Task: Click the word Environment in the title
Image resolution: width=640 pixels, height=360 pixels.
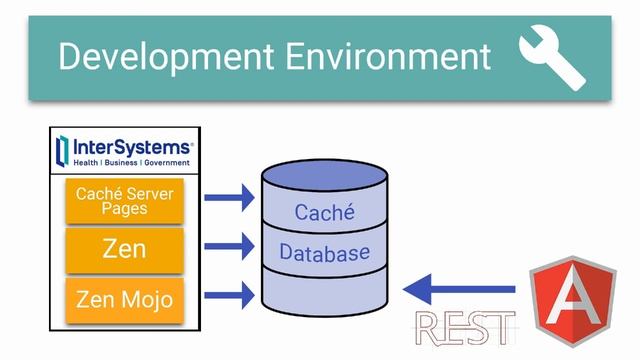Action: pos(389,56)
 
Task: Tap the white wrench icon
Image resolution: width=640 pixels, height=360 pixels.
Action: pos(551,58)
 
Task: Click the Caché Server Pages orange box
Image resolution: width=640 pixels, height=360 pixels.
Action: pos(125,201)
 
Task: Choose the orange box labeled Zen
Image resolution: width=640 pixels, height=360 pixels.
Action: pos(125,249)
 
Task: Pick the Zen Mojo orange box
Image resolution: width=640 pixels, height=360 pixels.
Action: pos(125,298)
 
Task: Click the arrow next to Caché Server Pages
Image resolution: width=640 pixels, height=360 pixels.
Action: pos(229,198)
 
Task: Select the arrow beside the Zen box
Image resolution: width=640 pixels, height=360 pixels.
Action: pos(229,245)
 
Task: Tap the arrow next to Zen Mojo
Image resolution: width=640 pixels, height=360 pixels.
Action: pos(229,294)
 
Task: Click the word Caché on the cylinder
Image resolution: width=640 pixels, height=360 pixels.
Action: pos(325,212)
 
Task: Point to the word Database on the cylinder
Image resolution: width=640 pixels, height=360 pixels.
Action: pos(325,253)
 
